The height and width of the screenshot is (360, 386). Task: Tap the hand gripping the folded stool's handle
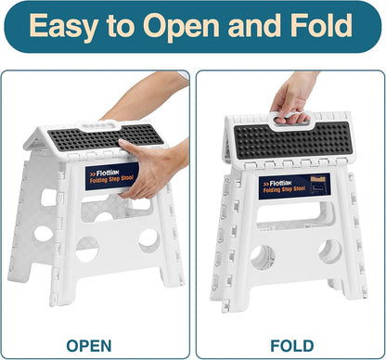(295, 93)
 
